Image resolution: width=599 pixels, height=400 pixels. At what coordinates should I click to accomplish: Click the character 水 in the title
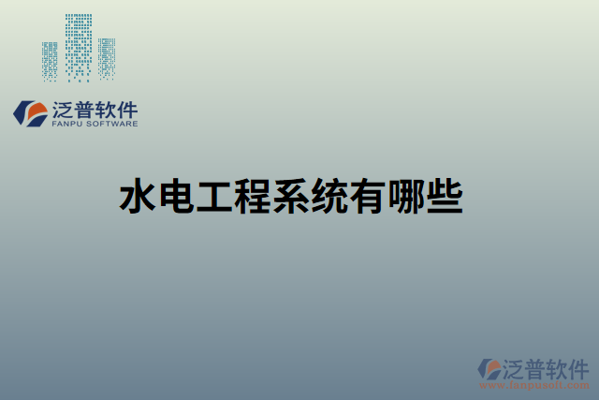(x=138, y=197)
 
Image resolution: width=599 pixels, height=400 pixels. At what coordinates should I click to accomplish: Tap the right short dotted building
(x=108, y=58)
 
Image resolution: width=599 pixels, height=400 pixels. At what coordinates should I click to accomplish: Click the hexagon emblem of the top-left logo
(x=31, y=113)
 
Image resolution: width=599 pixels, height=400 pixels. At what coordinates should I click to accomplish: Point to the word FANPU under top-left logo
(x=68, y=124)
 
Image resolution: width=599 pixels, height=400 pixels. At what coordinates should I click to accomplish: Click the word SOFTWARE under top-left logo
(x=113, y=124)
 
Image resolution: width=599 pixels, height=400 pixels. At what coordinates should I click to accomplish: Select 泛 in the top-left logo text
(x=66, y=108)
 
